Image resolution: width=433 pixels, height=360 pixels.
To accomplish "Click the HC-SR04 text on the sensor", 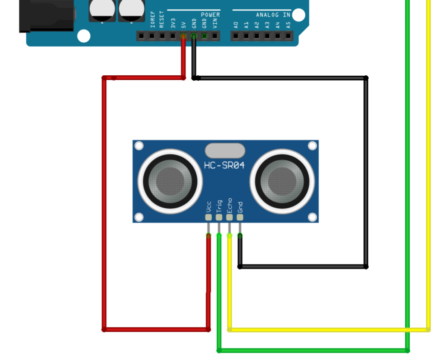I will [x=224, y=165].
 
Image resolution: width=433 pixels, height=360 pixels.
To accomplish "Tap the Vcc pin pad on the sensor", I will [x=208, y=217].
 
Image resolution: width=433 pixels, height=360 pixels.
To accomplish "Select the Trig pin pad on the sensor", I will [x=219, y=217].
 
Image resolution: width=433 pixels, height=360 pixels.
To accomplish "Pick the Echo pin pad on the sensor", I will [x=229, y=217].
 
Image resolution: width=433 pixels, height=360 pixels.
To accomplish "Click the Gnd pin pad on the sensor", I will [x=240, y=217].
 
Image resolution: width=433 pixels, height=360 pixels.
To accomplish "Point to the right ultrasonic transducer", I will [x=282, y=181].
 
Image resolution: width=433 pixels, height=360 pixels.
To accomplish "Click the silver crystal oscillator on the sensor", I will [x=225, y=151].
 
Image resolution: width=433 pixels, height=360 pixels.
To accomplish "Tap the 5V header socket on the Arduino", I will [x=183, y=36].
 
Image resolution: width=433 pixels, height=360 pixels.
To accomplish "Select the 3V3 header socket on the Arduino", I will [x=173, y=36].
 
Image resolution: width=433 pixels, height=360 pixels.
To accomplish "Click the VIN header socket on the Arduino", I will [x=215, y=36].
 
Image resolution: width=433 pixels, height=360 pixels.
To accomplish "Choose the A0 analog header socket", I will [x=236, y=36].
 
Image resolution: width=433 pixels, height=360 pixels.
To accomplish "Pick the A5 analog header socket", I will [x=288, y=36].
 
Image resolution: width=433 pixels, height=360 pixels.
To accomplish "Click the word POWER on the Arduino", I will [x=210, y=15].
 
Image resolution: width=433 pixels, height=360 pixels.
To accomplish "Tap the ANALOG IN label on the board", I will [x=273, y=15].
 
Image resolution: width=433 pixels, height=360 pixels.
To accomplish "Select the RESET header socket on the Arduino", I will [x=162, y=36].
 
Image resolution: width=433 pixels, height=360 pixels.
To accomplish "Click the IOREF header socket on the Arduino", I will [x=152, y=36].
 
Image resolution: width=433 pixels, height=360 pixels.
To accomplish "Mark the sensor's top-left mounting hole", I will [x=139, y=146].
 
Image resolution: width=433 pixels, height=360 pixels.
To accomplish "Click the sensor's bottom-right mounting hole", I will [x=312, y=217].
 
